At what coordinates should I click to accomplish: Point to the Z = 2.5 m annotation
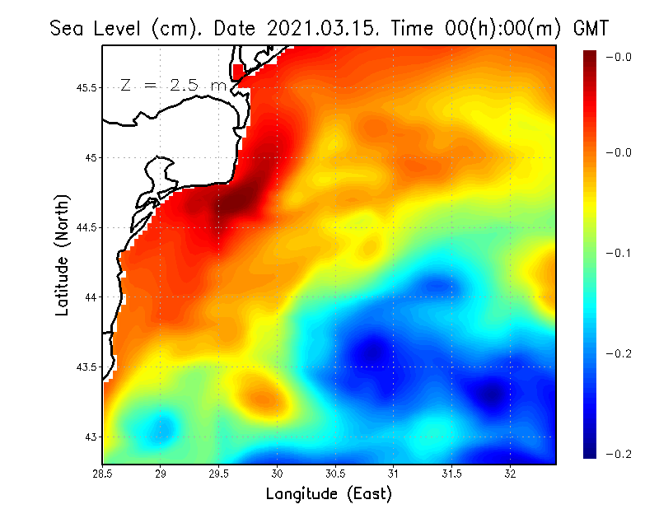172,85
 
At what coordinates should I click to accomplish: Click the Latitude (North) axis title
63,254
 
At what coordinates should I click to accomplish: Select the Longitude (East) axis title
329,494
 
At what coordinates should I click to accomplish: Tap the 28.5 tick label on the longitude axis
102,473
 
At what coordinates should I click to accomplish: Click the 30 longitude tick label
278,473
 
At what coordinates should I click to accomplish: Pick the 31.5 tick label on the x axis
452,473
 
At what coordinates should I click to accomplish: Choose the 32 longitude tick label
511,473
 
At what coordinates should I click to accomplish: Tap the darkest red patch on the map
239,200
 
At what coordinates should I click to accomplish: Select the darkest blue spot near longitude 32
492,394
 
